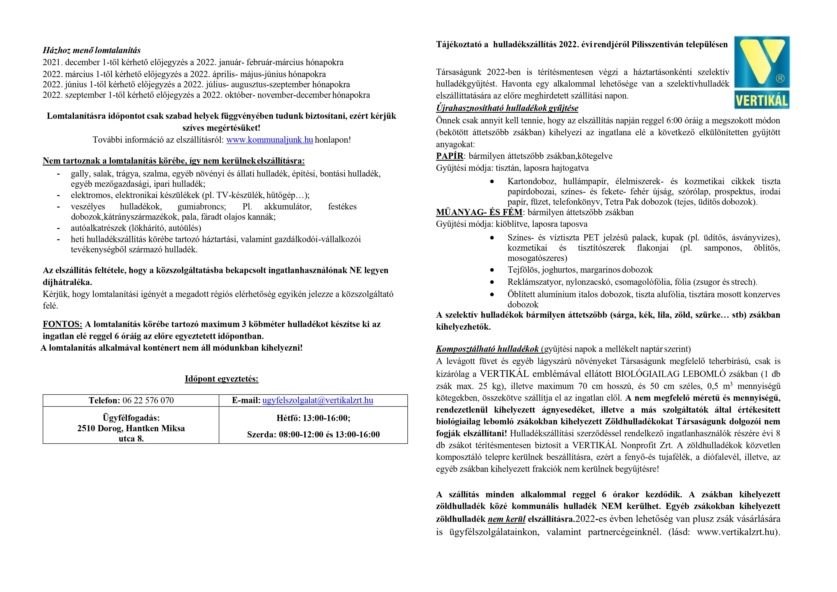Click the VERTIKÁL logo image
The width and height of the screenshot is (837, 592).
click(x=762, y=72)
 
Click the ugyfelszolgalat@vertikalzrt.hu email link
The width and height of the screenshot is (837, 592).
click(x=317, y=400)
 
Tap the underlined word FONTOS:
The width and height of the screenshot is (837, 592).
click(x=62, y=324)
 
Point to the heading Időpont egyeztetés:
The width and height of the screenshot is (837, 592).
click(x=222, y=379)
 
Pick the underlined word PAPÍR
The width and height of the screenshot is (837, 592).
click(x=449, y=156)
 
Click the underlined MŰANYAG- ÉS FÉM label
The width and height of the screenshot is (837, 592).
click(x=479, y=212)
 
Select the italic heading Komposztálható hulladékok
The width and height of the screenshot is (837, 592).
click(x=487, y=349)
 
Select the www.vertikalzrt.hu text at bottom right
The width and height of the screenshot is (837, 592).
click(x=735, y=532)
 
